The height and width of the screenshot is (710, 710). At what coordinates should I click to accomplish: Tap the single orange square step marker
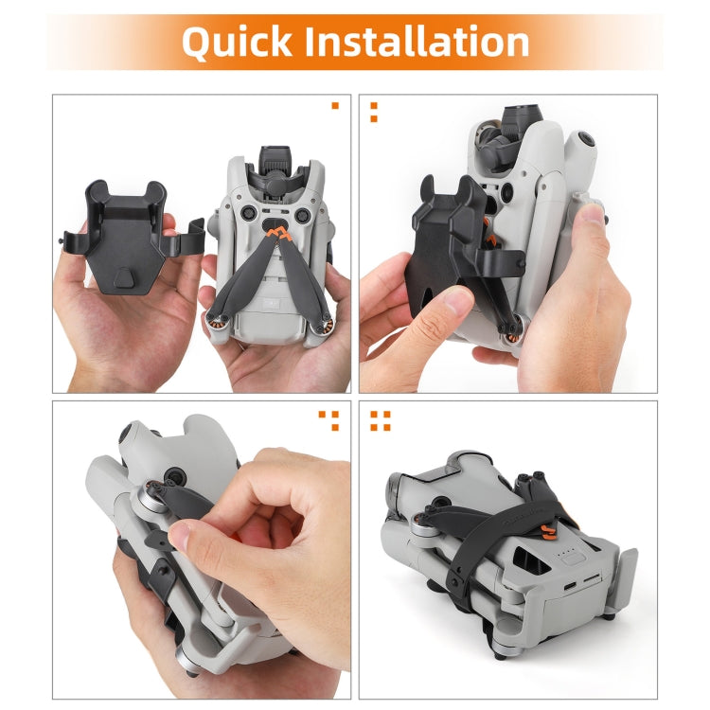coord(334,105)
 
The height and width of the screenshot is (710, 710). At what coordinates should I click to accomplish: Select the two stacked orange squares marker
coord(373,112)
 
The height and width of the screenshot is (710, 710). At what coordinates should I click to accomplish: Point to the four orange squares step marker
coord(380,419)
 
